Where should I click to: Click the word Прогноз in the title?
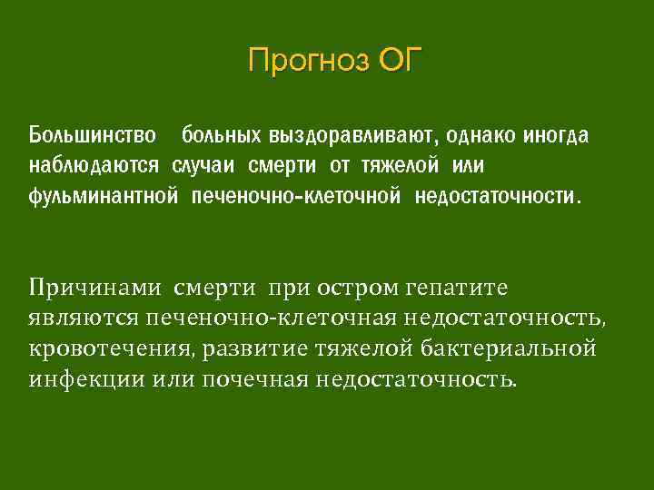[x=298, y=61]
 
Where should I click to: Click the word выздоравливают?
[x=351, y=136]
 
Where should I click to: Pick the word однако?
[x=481, y=136]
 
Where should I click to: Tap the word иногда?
[x=557, y=136]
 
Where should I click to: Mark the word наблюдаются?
[x=94, y=166]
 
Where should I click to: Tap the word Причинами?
[x=94, y=288]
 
